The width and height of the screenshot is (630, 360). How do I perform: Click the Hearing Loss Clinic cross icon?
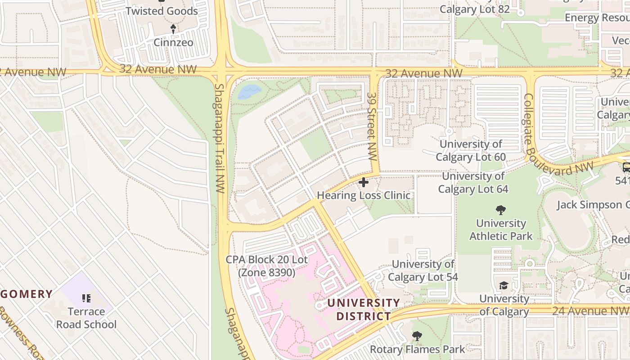click(x=364, y=183)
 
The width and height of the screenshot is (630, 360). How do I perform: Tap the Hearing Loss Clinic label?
click(x=364, y=195)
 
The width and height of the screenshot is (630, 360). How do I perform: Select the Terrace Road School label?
click(x=86, y=318)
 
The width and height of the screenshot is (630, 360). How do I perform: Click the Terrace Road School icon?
click(x=87, y=298)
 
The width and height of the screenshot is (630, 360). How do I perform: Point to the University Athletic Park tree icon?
click(x=500, y=210)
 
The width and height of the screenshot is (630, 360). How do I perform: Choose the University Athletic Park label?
click(x=501, y=229)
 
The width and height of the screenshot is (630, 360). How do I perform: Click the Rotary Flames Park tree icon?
click(x=417, y=336)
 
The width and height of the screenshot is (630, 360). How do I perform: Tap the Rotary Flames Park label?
click(x=417, y=349)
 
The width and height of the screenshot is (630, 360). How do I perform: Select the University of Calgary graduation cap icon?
click(x=504, y=286)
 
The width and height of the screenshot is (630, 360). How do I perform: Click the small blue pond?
click(x=249, y=92)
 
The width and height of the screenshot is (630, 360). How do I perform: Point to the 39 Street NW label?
click(x=372, y=127)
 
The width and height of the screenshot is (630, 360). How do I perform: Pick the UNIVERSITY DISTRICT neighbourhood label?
click(x=363, y=309)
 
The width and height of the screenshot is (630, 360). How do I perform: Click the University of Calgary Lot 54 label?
click(x=423, y=270)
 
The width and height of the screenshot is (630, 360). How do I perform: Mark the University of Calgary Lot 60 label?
click(x=471, y=151)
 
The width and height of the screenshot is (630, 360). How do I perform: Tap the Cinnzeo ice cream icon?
click(x=173, y=29)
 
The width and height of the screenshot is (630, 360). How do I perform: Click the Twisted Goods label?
click(x=162, y=11)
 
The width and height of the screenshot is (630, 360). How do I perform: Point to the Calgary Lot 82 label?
click(x=475, y=9)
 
